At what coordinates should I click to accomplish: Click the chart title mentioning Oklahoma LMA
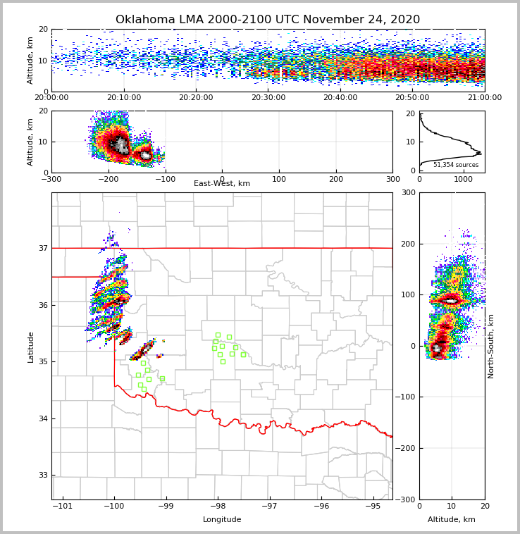(x=267, y=20)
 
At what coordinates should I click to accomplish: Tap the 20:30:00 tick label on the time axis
(x=268, y=98)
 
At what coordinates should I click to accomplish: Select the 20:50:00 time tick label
(x=412, y=98)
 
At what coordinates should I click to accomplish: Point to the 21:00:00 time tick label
(x=484, y=98)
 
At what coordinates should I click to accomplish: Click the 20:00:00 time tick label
(x=51, y=98)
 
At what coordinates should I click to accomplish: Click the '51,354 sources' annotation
(x=455, y=165)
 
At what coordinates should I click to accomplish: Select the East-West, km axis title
(x=222, y=184)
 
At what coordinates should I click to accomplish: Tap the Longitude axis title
(x=222, y=520)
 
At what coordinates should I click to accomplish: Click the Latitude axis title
(x=30, y=347)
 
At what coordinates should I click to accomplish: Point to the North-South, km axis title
(x=491, y=346)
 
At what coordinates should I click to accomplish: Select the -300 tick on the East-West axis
(x=51, y=179)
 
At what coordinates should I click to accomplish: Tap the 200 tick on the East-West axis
(x=335, y=179)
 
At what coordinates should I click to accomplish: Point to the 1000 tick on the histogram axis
(x=463, y=179)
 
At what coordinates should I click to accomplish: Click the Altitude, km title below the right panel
(x=452, y=520)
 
